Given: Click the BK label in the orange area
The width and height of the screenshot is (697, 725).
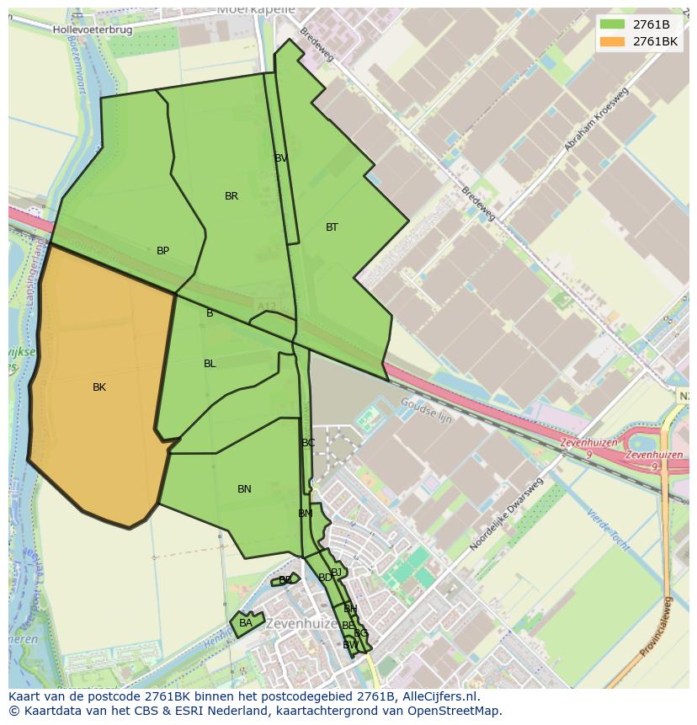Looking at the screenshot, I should (99, 387).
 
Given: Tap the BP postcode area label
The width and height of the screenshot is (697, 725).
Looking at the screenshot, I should (163, 251).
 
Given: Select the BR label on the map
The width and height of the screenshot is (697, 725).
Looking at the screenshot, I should (231, 196).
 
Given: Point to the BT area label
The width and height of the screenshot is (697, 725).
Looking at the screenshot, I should (332, 227).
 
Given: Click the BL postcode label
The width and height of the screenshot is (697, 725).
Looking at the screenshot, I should (210, 364).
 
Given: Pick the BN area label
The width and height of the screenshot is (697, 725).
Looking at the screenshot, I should (244, 489).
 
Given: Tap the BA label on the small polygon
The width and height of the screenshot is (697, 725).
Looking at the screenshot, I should (245, 623).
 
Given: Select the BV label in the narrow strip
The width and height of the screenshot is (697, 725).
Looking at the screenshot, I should (281, 158).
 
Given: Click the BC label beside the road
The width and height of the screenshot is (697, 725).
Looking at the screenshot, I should (308, 443).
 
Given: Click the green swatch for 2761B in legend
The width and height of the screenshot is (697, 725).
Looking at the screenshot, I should (612, 24).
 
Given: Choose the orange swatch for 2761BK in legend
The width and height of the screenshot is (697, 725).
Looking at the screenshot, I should (612, 41).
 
